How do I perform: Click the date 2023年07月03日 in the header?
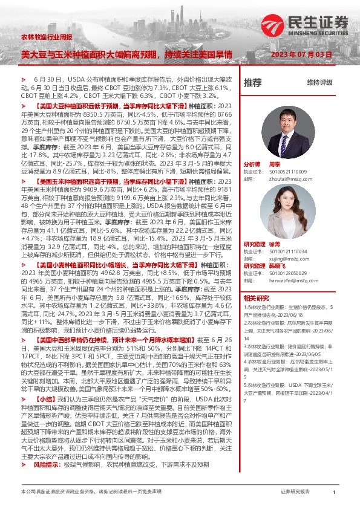302,54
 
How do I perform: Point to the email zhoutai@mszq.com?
283,179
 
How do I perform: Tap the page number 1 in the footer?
334,493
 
